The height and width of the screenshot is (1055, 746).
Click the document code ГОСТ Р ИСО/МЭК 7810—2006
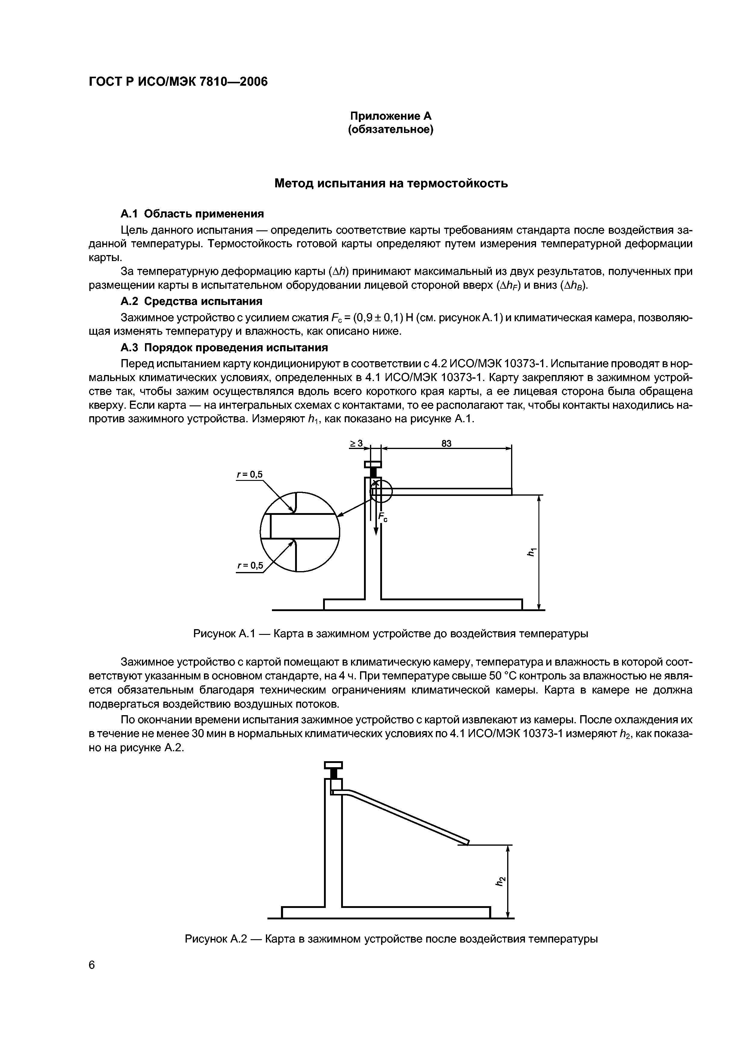click(177, 82)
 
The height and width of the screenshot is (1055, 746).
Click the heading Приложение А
click(391, 116)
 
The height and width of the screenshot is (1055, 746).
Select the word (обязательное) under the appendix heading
click(391, 130)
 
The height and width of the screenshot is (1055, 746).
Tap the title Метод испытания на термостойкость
click(391, 183)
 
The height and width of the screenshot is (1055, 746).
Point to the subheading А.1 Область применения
click(192, 214)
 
